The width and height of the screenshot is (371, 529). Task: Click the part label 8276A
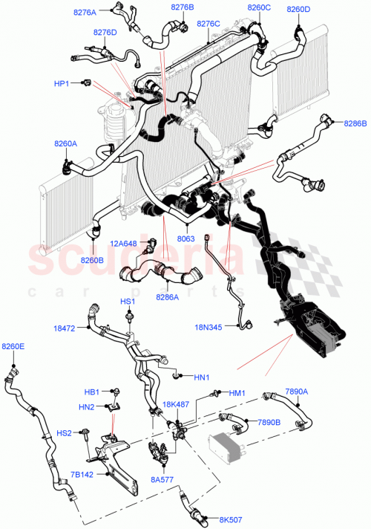tap(85, 13)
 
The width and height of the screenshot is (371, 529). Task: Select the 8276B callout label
tap(182, 7)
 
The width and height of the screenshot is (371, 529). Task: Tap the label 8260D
tap(298, 9)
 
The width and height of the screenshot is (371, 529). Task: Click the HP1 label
tap(61, 83)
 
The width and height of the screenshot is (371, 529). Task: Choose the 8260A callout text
tap(65, 143)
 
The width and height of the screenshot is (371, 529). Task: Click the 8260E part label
tap(13, 346)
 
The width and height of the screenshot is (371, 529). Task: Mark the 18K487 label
tap(175, 404)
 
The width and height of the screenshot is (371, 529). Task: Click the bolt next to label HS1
tap(130, 317)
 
